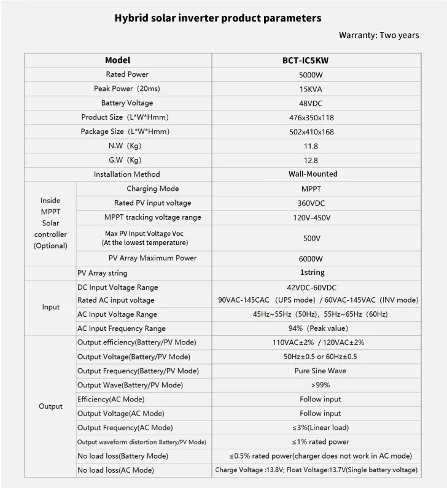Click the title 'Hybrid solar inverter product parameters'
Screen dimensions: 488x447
coord(218,18)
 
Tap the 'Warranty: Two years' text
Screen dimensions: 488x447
coord(379,35)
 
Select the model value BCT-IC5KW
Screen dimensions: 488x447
coord(316,61)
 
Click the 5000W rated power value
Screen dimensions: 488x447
coord(316,75)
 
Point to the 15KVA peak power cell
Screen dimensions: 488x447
coord(316,89)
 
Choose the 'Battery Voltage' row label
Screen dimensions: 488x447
coord(127,103)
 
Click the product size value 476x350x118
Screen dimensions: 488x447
coord(316,117)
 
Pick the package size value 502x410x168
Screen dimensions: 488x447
coord(316,131)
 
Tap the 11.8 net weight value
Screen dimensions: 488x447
coord(316,145)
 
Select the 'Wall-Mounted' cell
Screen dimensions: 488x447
coord(316,174)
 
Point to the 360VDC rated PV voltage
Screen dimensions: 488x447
coord(316,203)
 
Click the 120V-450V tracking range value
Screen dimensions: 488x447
coord(316,217)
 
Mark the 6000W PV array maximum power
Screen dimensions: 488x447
coord(316,258)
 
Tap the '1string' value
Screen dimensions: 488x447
coord(316,273)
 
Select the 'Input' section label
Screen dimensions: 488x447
coord(51,307)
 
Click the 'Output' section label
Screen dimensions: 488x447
coord(51,406)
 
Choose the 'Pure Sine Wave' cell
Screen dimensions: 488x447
coord(316,371)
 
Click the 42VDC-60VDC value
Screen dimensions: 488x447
coord(316,287)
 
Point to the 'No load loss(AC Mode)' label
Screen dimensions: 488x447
coord(115,470)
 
